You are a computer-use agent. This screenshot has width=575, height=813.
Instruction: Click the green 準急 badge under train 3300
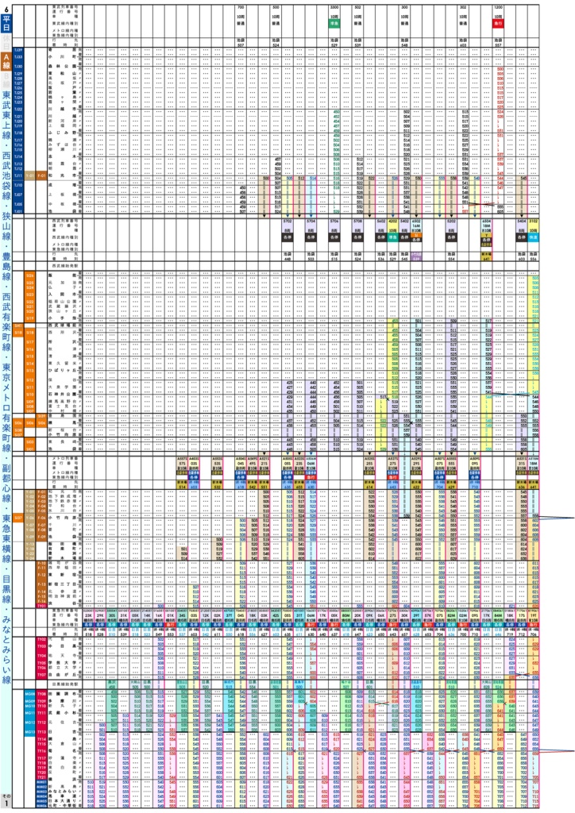(x=336, y=24)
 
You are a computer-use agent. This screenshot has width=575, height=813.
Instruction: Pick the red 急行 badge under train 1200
(x=499, y=24)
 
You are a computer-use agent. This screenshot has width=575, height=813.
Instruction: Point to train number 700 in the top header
(x=241, y=6)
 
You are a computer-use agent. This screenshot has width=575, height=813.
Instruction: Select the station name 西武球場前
(x=60, y=326)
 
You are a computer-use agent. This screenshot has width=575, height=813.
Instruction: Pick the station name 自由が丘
(x=60, y=668)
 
